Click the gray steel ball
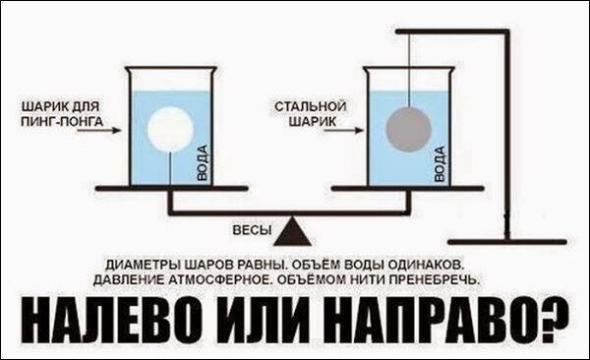point(407,130)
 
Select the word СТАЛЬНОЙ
point(299,103)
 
